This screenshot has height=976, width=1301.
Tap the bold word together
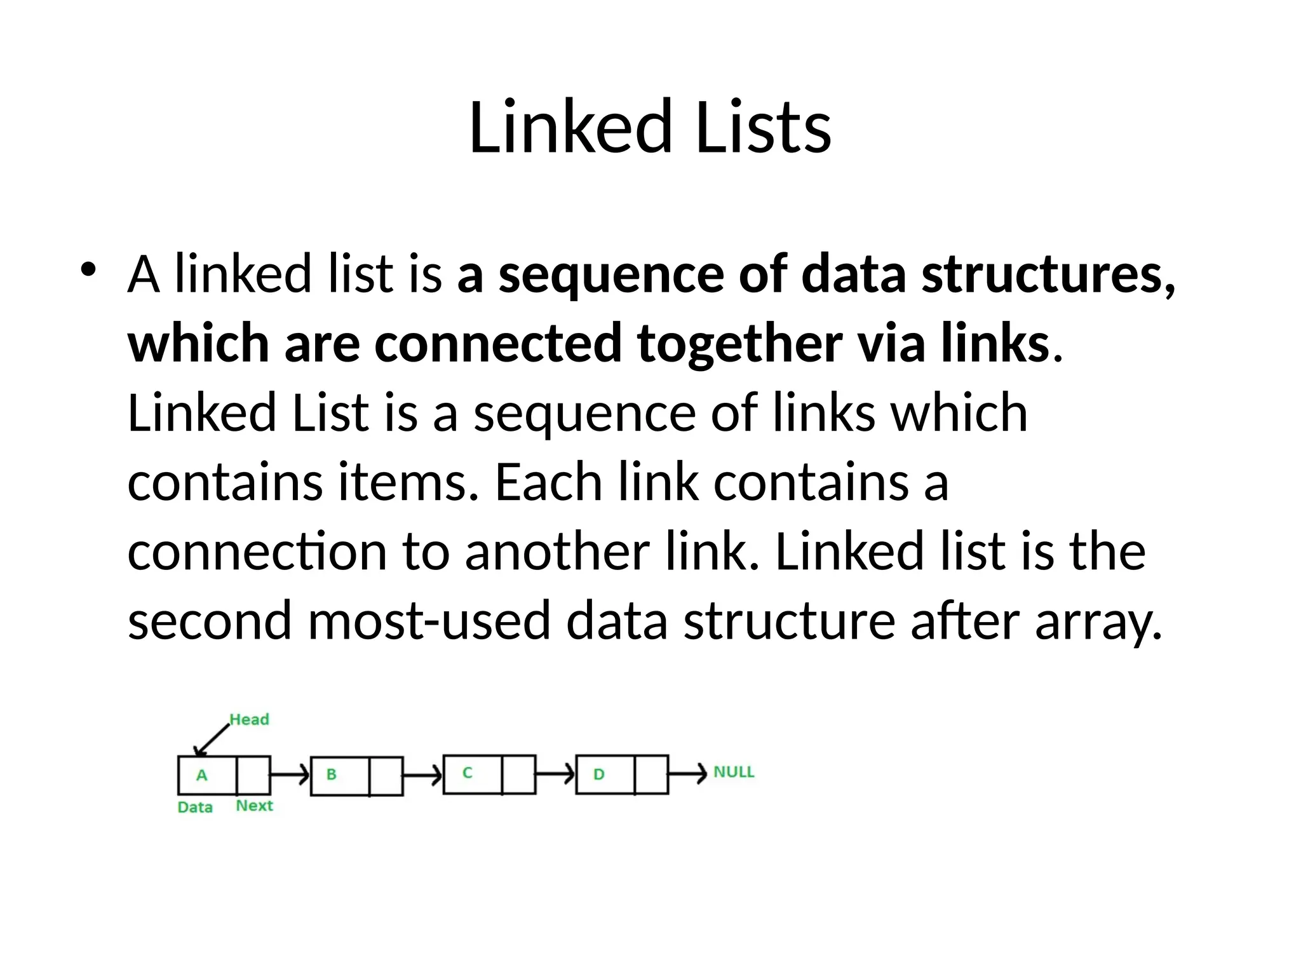coord(739,344)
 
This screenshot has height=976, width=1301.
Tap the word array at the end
coord(1098,622)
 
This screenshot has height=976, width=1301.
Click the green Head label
coord(249,719)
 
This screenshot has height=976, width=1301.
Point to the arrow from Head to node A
coord(213,739)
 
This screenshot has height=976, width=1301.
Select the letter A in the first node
coord(202,775)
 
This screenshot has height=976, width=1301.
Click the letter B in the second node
coord(331,775)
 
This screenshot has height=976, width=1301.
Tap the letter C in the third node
coord(467,773)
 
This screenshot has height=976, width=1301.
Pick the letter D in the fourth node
coord(598,775)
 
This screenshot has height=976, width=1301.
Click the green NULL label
coord(734,772)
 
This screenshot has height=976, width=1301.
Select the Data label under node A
coord(195,808)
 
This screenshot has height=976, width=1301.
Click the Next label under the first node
coord(254,806)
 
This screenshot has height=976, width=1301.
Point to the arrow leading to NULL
coord(687,773)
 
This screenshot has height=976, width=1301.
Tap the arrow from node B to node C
coord(422,775)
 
